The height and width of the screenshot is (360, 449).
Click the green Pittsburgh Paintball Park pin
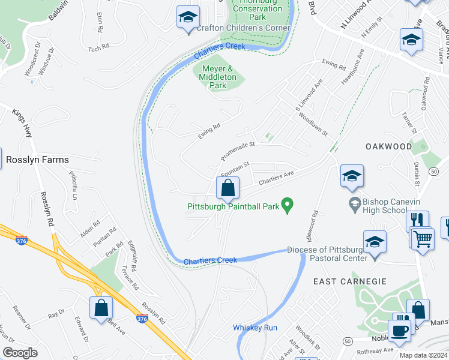pyautogui.click(x=288, y=206)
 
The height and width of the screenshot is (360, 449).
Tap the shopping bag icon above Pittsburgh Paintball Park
pyautogui.click(x=228, y=188)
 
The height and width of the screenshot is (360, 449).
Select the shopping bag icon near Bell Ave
pyautogui.click(x=101, y=308)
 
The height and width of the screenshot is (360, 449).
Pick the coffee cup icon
pyautogui.click(x=399, y=331)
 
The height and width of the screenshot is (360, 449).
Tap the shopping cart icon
pyautogui.click(x=422, y=238)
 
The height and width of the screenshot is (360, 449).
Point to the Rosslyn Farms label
pyautogui.click(x=37, y=160)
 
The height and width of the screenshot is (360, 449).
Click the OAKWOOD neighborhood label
pyautogui.click(x=389, y=146)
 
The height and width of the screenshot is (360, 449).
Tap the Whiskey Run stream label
pyautogui.click(x=255, y=328)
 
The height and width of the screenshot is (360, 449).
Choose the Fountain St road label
pyautogui.click(x=235, y=168)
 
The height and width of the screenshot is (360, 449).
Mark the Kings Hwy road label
pyautogui.click(x=22, y=122)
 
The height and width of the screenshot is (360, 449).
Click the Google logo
pyautogui.click(x=20, y=352)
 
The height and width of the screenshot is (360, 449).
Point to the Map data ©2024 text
pyautogui.click(x=423, y=355)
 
